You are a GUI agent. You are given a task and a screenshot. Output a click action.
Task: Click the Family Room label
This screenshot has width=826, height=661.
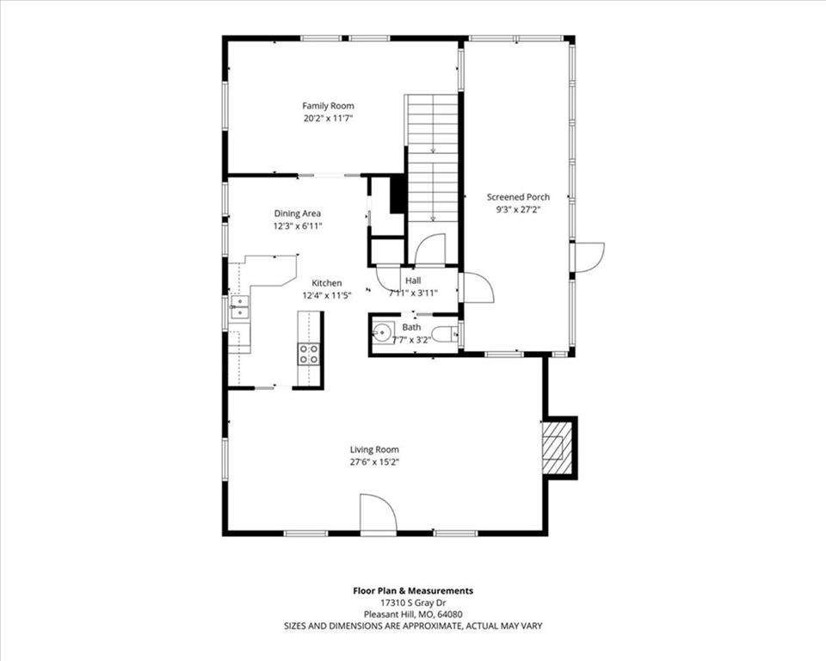[x=328, y=106]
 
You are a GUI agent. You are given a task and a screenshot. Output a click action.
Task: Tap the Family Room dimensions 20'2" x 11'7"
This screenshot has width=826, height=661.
[x=328, y=119]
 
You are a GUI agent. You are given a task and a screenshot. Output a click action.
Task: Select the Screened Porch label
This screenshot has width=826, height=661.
[x=518, y=197]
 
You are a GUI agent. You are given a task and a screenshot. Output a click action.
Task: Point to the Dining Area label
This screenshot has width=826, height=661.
[x=297, y=213]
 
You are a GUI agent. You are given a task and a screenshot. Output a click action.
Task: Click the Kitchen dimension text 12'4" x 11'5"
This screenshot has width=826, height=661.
[x=327, y=296]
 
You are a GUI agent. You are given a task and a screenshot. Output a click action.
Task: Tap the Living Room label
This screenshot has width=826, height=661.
[x=374, y=449]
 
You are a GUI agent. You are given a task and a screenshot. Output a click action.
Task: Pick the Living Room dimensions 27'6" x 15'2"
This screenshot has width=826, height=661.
[x=374, y=462]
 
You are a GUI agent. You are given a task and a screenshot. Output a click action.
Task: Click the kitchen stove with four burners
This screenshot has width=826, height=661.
[x=309, y=354]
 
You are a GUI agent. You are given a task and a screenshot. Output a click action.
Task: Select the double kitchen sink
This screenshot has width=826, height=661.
[x=239, y=307]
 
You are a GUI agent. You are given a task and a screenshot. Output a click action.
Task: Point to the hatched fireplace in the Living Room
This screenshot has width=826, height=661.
[x=557, y=448]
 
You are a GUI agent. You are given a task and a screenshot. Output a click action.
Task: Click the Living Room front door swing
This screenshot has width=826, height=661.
[x=377, y=515]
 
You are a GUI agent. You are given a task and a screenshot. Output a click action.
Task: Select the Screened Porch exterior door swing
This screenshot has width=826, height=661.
[x=589, y=257]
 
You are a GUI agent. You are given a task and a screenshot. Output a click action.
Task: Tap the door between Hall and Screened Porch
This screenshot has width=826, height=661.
[x=476, y=287]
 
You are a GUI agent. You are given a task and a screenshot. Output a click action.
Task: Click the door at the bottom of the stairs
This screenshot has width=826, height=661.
[x=430, y=248]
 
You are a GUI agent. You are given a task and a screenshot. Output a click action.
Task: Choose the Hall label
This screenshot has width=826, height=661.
[x=413, y=281]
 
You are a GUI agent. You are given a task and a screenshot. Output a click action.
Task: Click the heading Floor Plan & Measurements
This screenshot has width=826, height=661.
[x=413, y=591]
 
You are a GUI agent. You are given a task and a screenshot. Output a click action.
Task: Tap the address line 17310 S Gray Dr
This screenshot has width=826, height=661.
[x=413, y=602]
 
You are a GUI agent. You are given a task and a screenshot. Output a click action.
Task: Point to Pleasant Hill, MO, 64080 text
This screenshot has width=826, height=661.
[x=413, y=614]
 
